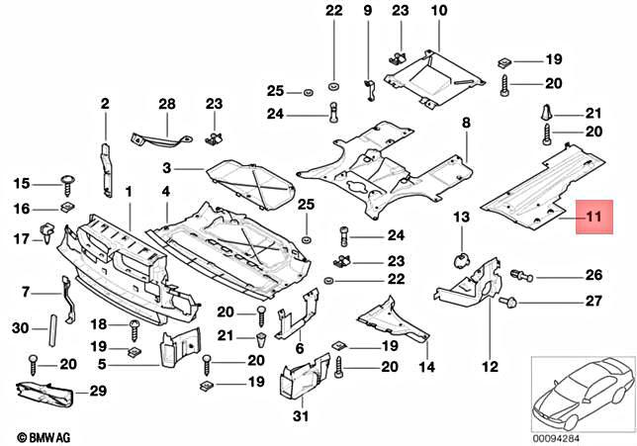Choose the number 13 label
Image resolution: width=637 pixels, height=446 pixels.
tap(461, 217)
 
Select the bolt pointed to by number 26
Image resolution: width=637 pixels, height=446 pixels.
tap(520, 275)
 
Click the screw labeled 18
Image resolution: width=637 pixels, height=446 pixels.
tap(134, 324)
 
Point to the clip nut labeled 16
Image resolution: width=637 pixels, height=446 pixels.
tap(65, 209)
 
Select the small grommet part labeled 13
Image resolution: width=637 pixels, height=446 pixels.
tap(461, 259)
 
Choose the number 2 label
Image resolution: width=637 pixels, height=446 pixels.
tap(105, 103)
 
